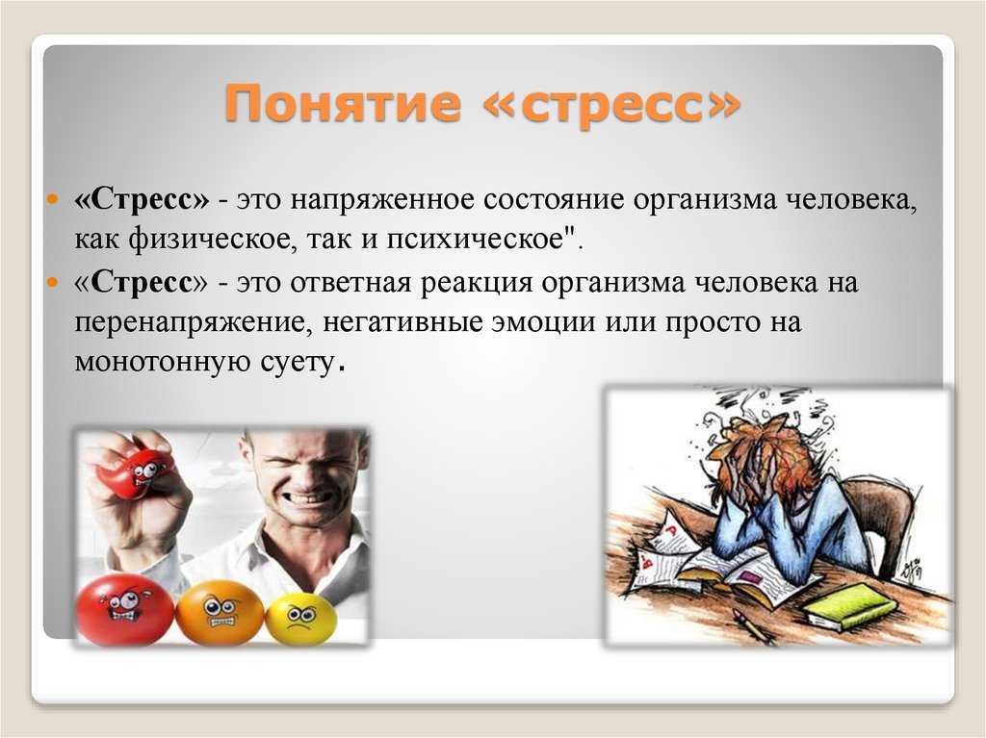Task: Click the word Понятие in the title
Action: click(342, 104)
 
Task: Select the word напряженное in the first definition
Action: click(382, 201)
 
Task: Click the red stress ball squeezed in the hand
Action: click(139, 469)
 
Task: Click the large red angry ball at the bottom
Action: click(124, 610)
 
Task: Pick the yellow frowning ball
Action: click(300, 619)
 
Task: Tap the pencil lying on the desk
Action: click(757, 630)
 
